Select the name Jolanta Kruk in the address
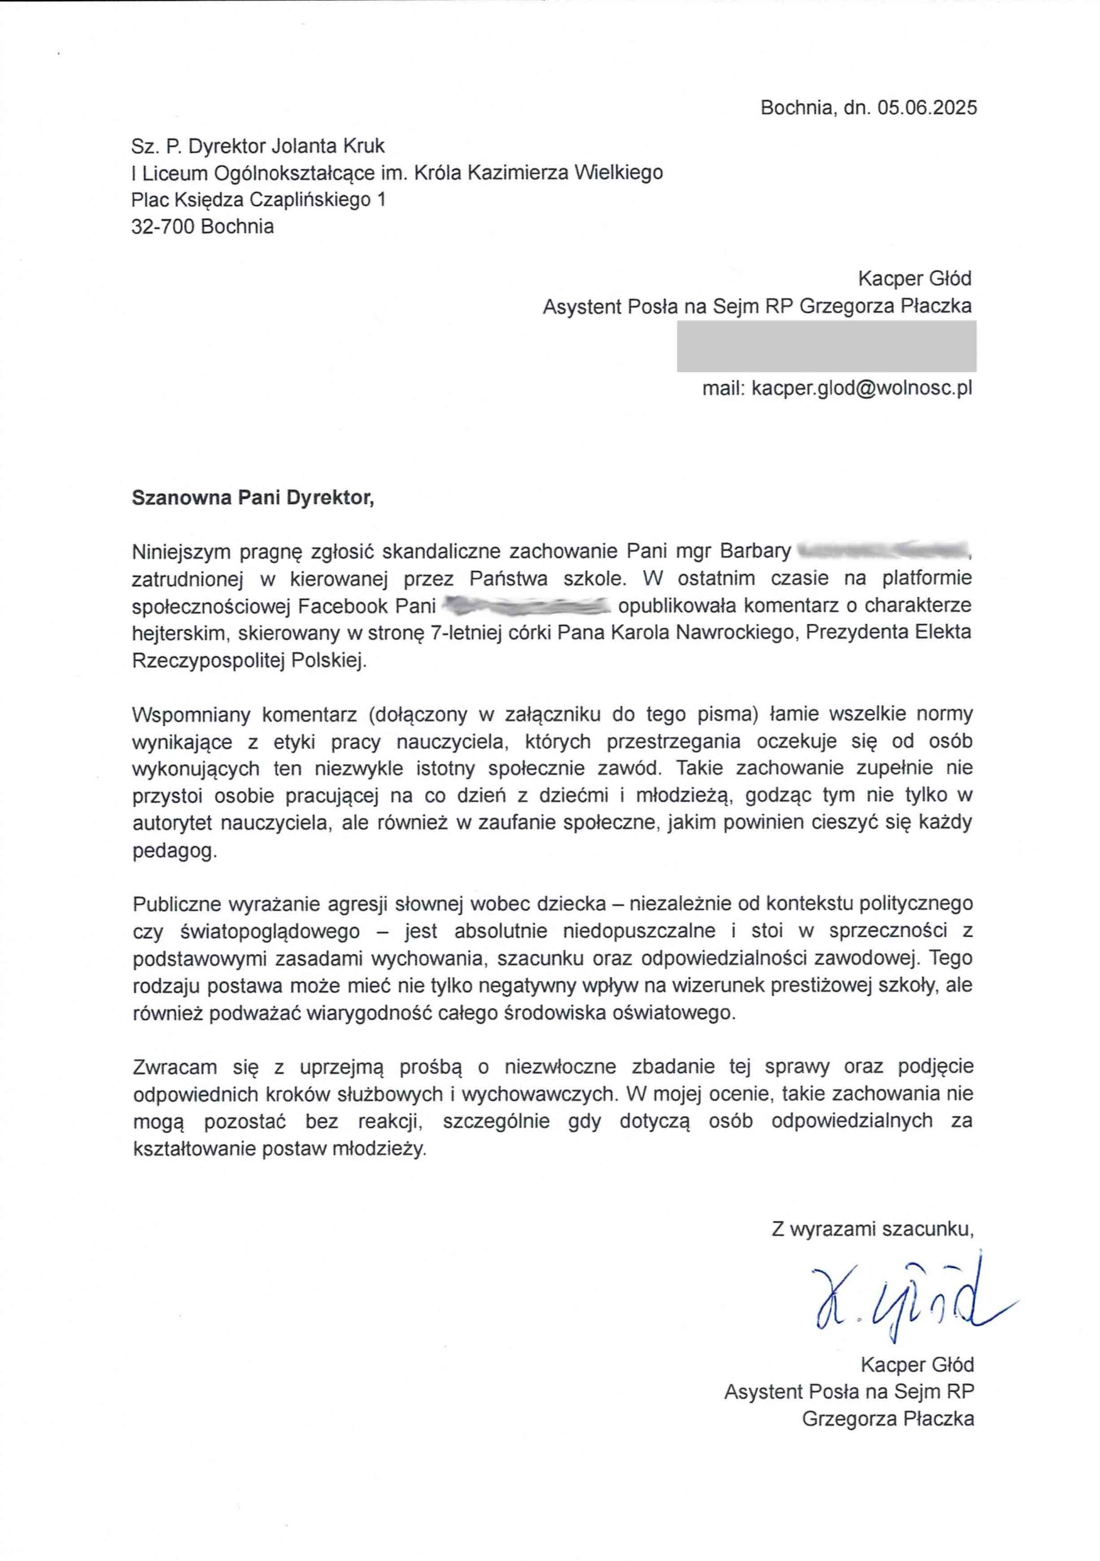(329, 146)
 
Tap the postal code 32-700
(163, 226)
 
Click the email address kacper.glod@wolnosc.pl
(862, 388)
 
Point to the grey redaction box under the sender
(826, 346)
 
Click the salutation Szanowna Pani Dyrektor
(253, 498)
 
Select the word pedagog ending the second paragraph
(174, 851)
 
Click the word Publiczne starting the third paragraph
(177, 904)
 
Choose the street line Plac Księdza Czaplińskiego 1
(259, 200)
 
